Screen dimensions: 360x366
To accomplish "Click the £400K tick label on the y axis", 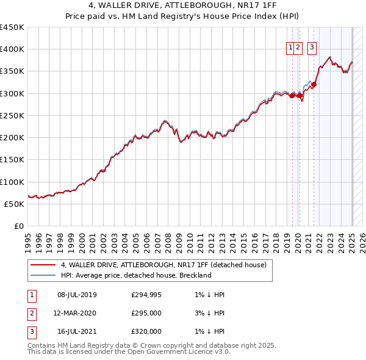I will coord(12,49).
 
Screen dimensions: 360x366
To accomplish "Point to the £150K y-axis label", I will coord(12,160).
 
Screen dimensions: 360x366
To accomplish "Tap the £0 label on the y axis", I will coord(19,226).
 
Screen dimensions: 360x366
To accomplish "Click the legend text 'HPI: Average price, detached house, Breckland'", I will coord(135,275).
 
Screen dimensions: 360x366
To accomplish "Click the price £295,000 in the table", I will coord(146,313).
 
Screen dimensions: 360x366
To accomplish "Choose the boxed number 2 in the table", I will coord(31,314).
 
